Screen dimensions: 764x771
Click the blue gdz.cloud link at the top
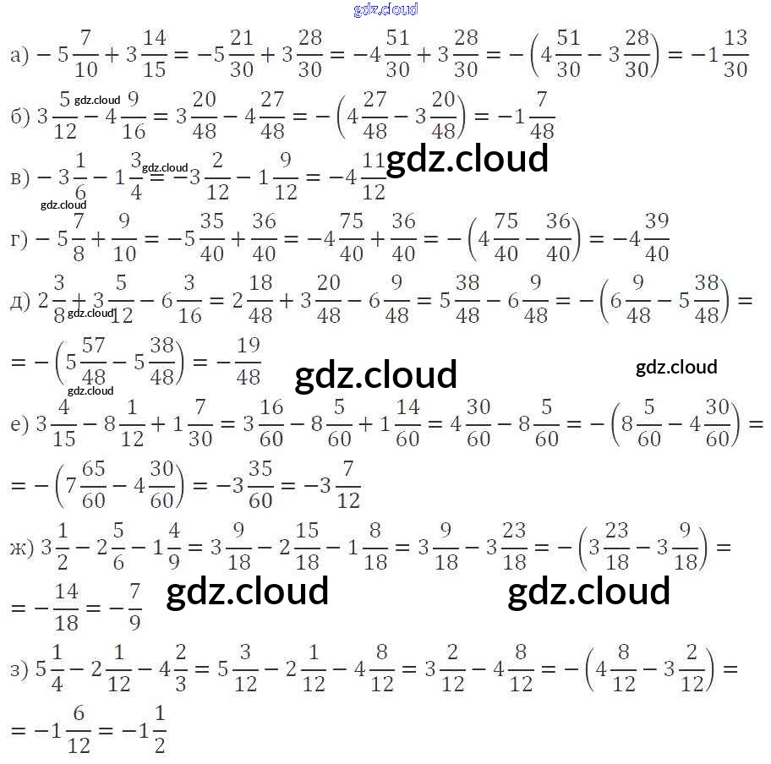click(385, 9)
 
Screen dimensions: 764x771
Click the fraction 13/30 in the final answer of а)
click(735, 55)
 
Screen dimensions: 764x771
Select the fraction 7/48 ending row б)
click(542, 116)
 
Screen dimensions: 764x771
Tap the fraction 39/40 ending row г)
click(657, 238)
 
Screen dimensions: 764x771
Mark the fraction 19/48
click(248, 362)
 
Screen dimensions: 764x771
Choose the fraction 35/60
click(260, 484)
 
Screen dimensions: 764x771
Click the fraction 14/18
click(66, 608)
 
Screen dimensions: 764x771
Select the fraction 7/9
click(134, 608)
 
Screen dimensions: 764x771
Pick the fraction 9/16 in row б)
click(134, 116)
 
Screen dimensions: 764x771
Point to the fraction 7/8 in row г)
click(79, 238)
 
